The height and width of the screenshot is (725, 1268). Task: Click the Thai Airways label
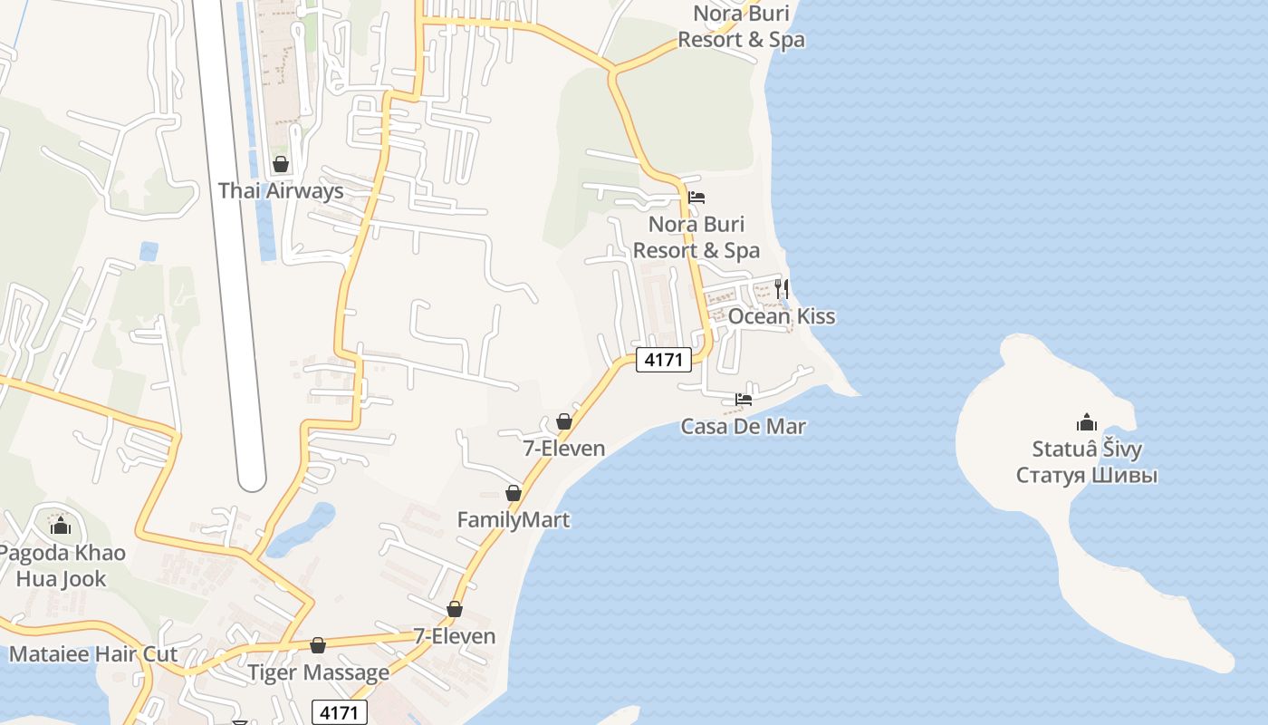[281, 191]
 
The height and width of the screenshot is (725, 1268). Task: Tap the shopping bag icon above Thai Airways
[281, 164]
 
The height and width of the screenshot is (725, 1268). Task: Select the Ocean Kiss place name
[782, 316]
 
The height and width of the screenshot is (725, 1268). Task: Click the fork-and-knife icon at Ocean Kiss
[782, 289]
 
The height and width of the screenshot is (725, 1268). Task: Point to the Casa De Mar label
[744, 426]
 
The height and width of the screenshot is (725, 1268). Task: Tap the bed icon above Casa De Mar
[744, 399]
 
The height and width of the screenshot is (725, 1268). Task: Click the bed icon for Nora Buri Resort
[696, 197]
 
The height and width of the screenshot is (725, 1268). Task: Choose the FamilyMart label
[514, 520]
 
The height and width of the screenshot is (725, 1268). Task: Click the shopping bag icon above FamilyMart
[514, 493]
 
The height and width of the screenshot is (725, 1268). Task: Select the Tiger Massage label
[319, 672]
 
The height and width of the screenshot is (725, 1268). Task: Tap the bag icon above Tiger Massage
[318, 645]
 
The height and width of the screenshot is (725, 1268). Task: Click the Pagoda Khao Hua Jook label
[62, 565]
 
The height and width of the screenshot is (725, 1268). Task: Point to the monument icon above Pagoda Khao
[61, 526]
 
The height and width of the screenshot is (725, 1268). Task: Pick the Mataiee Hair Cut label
[93, 654]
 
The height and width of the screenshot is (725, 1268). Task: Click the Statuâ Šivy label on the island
[1087, 449]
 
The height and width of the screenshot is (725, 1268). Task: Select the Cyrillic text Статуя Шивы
[1087, 475]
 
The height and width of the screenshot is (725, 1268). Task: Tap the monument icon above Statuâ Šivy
[1087, 422]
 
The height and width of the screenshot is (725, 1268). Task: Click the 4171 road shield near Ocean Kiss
[664, 360]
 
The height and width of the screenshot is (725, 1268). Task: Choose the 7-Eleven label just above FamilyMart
[564, 448]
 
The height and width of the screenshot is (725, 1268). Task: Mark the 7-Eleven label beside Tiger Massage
[455, 636]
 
